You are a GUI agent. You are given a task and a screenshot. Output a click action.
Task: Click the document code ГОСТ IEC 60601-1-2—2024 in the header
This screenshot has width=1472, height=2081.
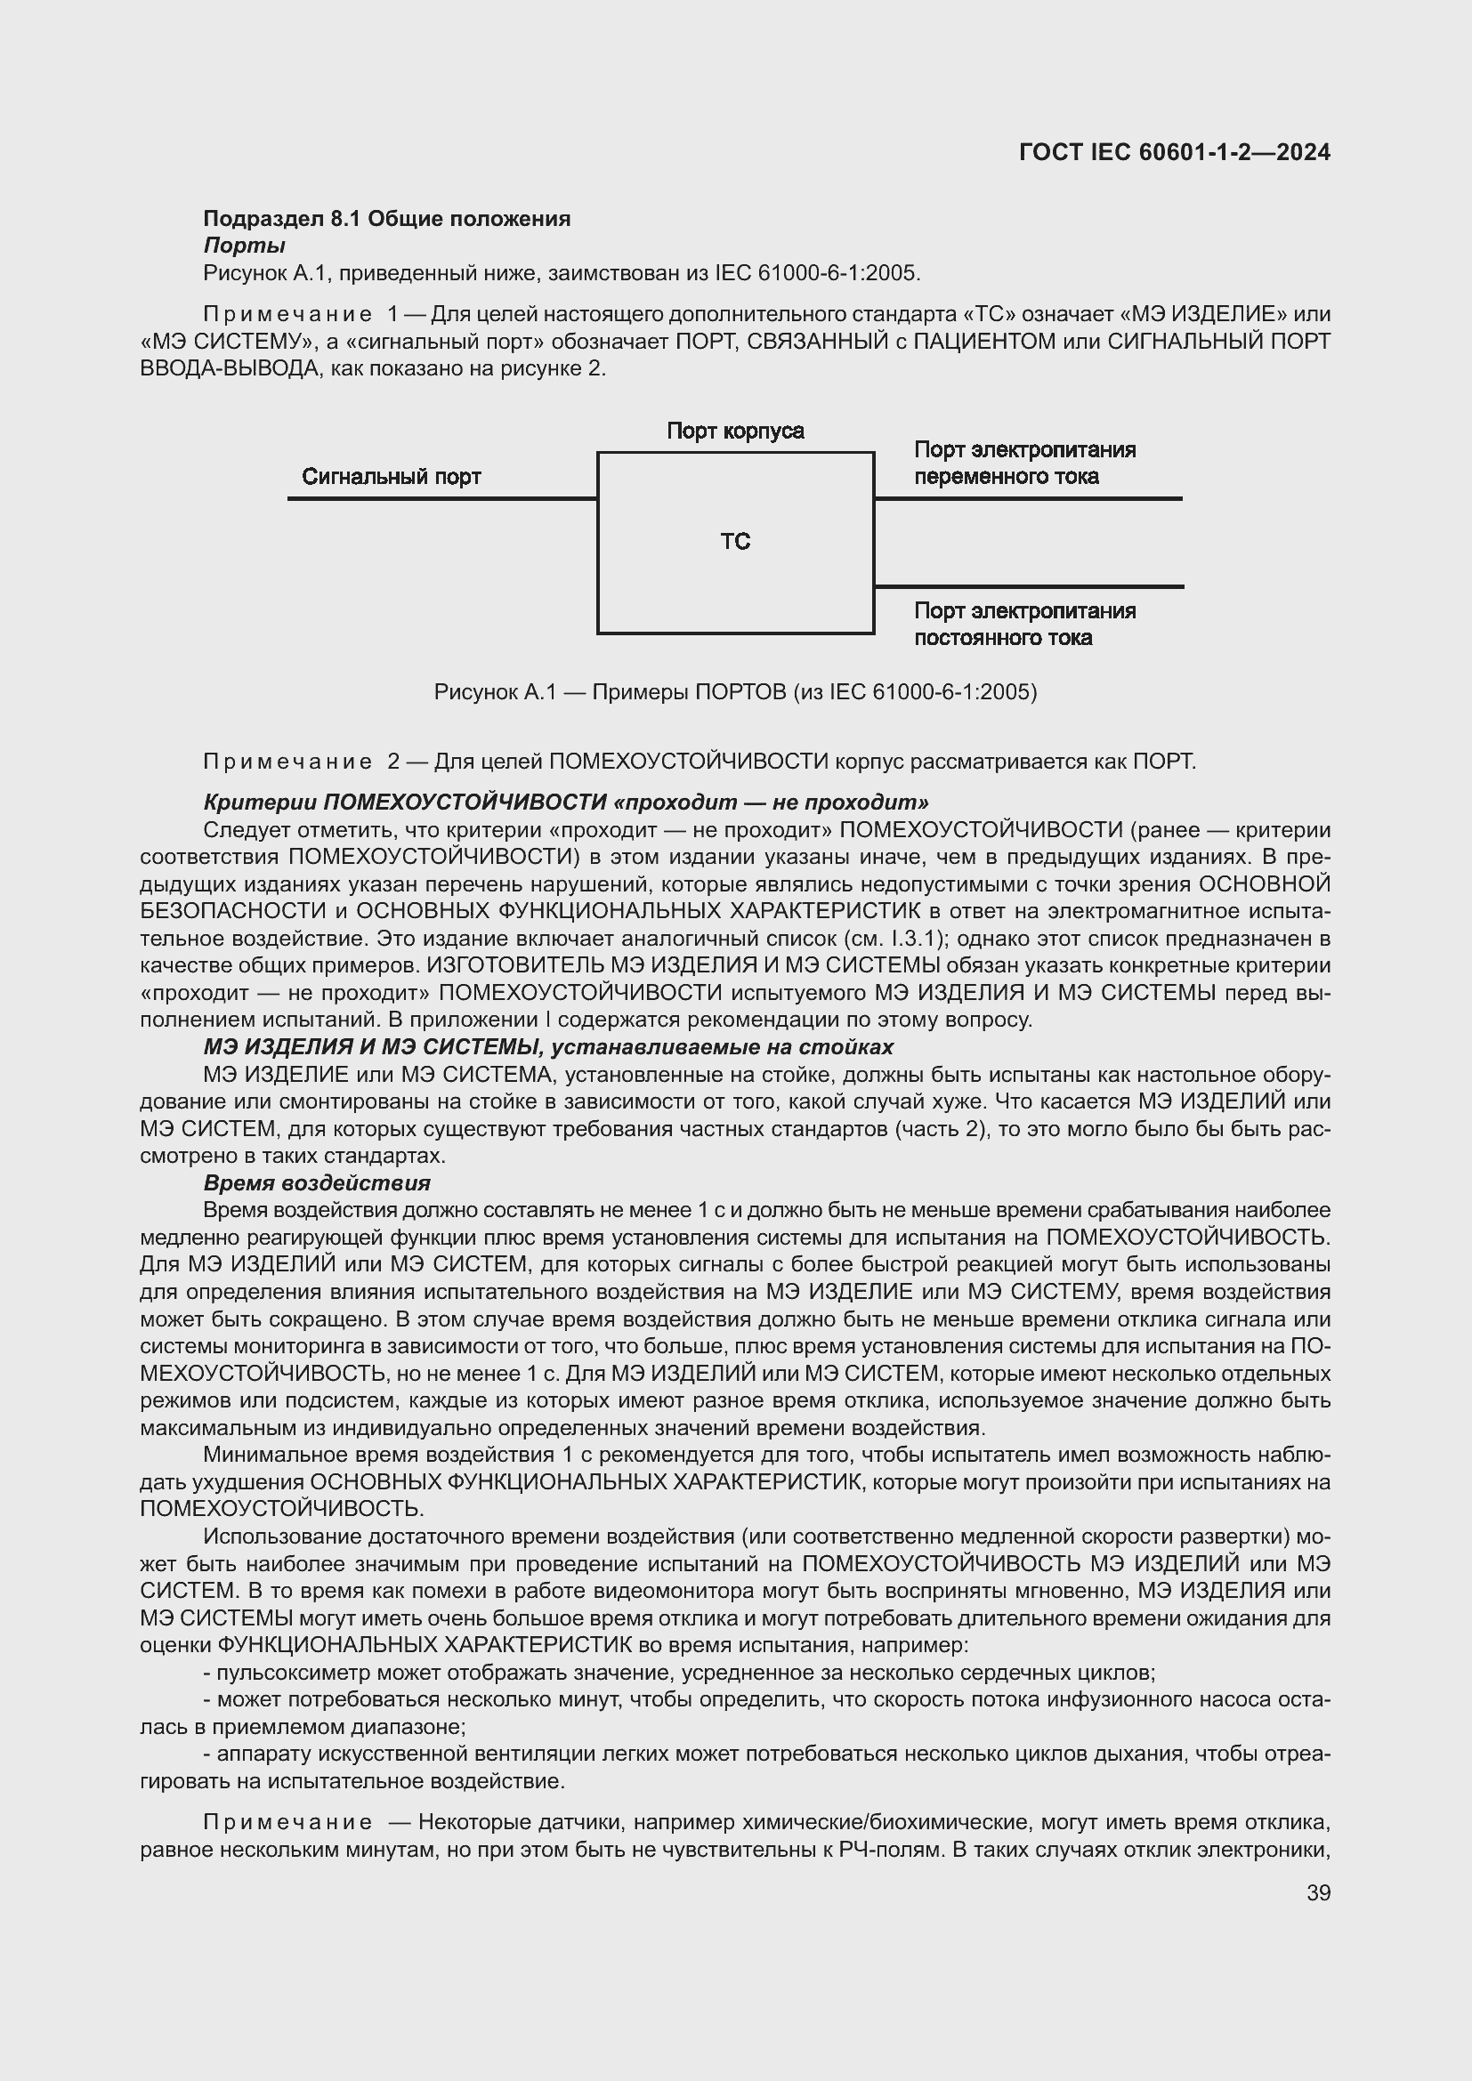[x=1174, y=152]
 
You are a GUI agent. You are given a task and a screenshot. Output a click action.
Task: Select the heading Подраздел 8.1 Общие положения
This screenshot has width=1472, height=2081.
[x=386, y=219]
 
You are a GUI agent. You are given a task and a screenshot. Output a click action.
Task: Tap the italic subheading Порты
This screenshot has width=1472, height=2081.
[x=244, y=246]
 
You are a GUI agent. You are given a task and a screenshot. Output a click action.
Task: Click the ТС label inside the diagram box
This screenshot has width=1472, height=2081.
[x=734, y=542]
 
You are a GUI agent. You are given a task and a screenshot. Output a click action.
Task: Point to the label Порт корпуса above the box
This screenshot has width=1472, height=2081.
[x=734, y=431]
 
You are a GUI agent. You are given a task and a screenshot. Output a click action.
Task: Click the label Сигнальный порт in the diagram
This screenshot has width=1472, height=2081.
[x=391, y=477]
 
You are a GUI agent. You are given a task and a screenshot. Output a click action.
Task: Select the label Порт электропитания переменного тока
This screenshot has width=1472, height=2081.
[x=1024, y=464]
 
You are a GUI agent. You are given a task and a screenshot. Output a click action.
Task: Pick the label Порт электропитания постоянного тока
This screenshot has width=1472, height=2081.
[x=1024, y=624]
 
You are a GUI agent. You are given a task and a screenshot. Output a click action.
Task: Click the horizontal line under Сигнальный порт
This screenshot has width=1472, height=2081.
[x=441, y=498]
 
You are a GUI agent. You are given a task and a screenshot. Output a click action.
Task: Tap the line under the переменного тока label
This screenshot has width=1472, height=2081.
[x=1028, y=498]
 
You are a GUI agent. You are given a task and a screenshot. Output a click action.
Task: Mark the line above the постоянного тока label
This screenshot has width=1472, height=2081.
[x=1028, y=586]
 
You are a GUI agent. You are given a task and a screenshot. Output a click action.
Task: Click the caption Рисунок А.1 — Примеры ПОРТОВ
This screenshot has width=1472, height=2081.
[x=734, y=692]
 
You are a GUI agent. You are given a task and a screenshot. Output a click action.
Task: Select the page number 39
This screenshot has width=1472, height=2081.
[x=1318, y=1892]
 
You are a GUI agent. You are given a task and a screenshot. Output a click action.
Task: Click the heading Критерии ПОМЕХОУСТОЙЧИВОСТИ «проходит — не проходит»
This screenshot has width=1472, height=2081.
[x=566, y=803]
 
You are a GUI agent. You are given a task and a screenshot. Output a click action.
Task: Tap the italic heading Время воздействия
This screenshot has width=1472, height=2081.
[x=316, y=1182]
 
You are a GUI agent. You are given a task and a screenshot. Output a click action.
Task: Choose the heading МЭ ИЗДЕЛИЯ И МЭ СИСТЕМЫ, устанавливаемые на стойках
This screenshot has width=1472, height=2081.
[x=547, y=1047]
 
